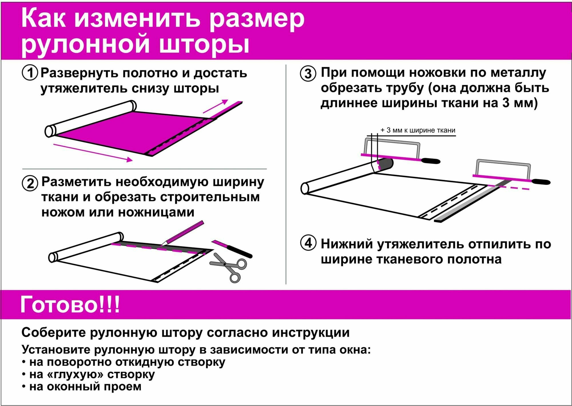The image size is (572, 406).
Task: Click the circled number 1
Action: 30,73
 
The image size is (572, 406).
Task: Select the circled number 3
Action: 308,73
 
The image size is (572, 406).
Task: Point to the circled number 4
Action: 308,243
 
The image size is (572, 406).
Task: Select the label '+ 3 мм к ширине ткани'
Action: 418,130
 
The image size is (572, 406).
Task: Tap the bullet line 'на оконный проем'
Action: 85,386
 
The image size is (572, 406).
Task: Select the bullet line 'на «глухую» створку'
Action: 92,374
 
